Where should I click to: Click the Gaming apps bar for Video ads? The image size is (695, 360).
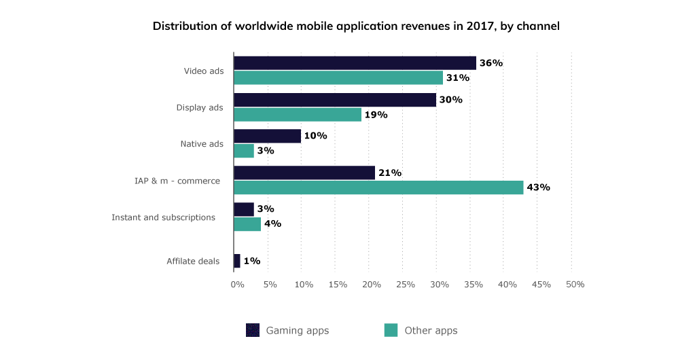tap(355, 63)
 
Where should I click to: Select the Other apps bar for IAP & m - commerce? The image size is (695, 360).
tap(378, 187)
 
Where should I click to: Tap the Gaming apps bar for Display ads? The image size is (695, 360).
tap(335, 100)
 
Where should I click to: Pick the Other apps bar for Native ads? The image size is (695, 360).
tap(244, 151)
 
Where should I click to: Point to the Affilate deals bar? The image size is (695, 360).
tap(237, 261)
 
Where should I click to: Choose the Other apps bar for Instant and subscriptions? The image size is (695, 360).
tap(247, 224)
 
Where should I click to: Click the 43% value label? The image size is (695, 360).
tap(538, 187)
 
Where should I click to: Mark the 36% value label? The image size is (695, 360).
tap(491, 63)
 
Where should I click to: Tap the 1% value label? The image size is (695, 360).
tap(251, 261)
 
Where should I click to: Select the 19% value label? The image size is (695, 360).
tap(376, 115)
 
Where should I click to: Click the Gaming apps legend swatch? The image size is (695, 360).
tap(253, 330)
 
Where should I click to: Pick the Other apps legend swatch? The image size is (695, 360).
tap(391, 330)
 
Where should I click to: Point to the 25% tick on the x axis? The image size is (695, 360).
tap(405, 284)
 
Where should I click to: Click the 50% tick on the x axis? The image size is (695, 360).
tap(575, 284)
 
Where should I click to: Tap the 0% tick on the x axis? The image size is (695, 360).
tap(237, 284)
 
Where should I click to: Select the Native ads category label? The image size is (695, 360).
tap(202, 143)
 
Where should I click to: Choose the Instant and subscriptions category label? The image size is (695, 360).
tap(163, 217)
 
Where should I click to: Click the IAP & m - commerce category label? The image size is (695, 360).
tap(177, 181)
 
